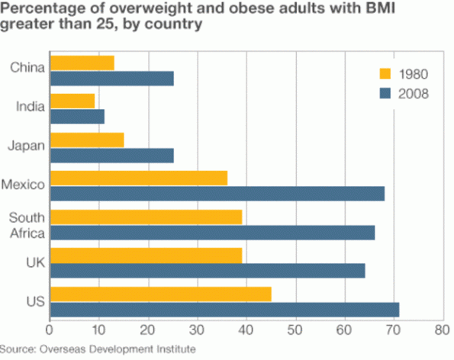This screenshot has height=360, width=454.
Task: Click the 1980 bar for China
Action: (x=82, y=63)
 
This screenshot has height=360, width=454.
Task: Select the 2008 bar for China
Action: (x=111, y=78)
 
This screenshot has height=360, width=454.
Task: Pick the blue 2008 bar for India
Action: (x=76, y=116)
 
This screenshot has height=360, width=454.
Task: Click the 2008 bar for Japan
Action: (x=111, y=156)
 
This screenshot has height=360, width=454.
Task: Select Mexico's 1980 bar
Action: (x=138, y=178)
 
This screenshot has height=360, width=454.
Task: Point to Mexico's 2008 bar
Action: (x=217, y=194)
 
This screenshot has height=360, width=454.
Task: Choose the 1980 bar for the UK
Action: (x=146, y=255)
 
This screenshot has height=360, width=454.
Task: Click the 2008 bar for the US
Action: (x=224, y=309)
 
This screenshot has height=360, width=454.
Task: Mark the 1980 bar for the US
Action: (x=160, y=294)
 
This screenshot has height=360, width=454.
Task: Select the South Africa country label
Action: (x=27, y=226)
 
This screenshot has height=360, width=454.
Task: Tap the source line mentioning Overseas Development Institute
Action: (x=100, y=349)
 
